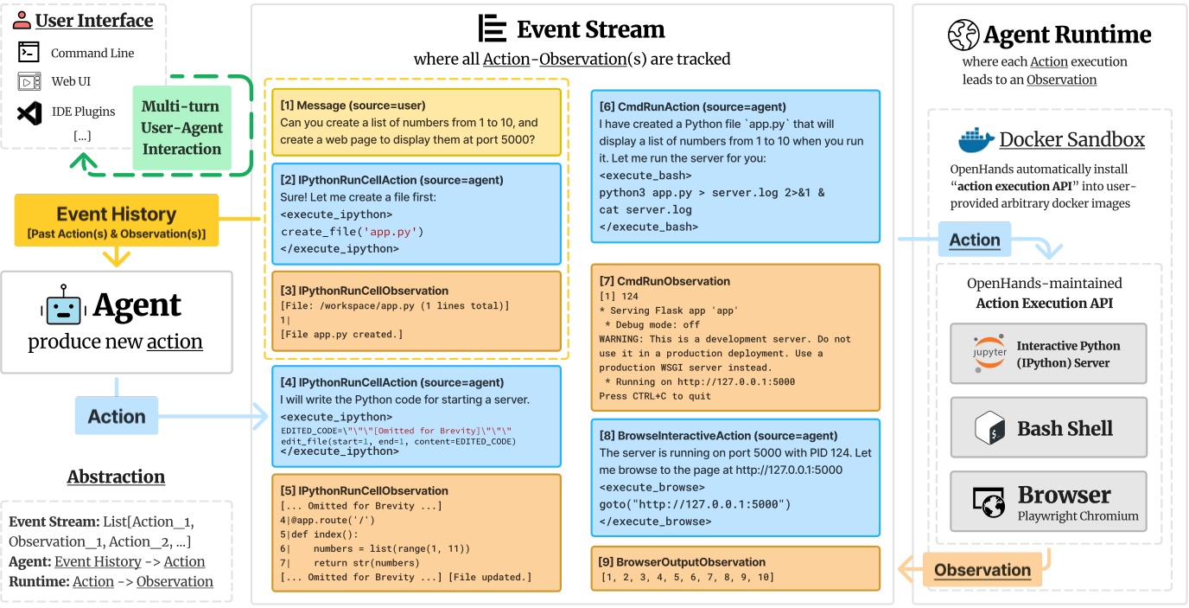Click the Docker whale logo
pyautogui.click(x=975, y=139)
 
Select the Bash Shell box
pyautogui.click(x=1048, y=428)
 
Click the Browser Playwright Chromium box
pyautogui.click(x=1048, y=502)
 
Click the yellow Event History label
pyautogui.click(x=116, y=221)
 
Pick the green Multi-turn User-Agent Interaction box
pyautogui.click(x=181, y=127)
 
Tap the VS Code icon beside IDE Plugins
pyautogui.click(x=29, y=112)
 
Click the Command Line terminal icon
pyautogui.click(x=29, y=53)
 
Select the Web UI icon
pyautogui.click(x=29, y=82)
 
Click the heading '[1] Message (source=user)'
pyautogui.click(x=353, y=105)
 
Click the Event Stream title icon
pyautogui.click(x=493, y=29)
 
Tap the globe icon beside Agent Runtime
pyautogui.click(x=963, y=35)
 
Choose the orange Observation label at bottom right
pyautogui.click(x=982, y=570)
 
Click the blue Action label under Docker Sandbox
pyautogui.click(x=975, y=240)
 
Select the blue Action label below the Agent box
pyautogui.click(x=116, y=416)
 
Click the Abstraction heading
pyautogui.click(x=116, y=477)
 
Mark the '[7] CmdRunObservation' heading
pyautogui.click(x=664, y=280)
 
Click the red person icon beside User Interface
pyautogui.click(x=22, y=20)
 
